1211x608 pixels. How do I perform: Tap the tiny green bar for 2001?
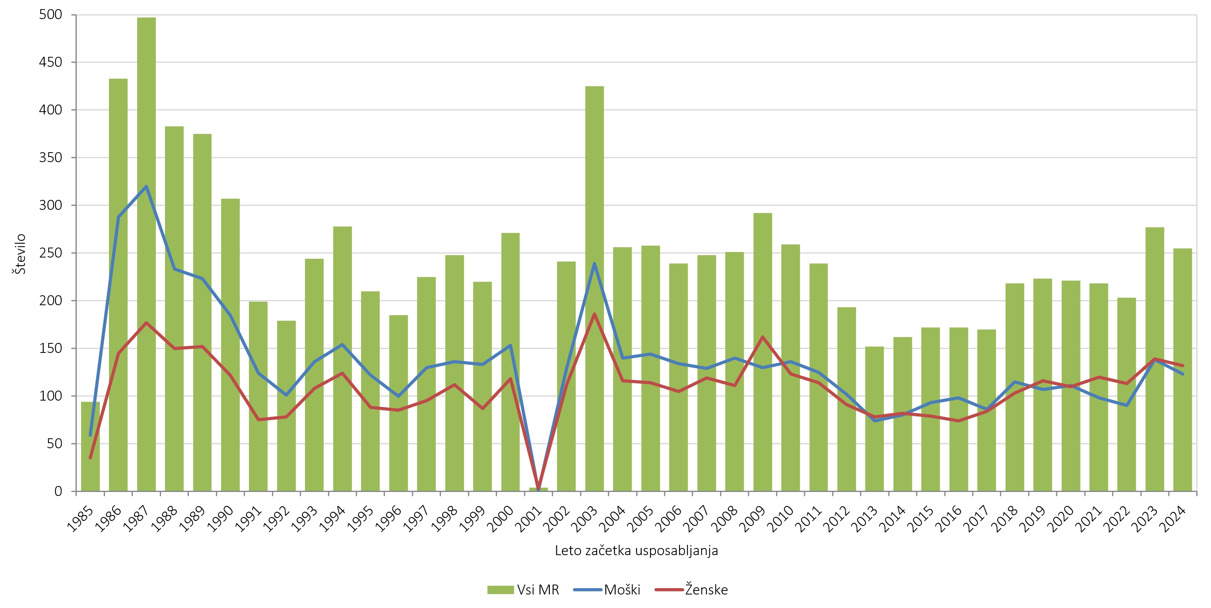point(538,489)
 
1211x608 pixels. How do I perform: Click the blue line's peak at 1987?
point(146,186)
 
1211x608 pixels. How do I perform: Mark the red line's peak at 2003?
point(594,314)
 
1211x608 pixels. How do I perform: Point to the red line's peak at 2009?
point(762,337)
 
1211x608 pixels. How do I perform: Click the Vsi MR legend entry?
point(523,590)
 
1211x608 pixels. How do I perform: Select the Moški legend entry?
point(607,590)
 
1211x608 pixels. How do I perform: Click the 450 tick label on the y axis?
point(50,62)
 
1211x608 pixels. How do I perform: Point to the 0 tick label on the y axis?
point(58,491)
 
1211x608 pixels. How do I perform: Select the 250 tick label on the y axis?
point(50,253)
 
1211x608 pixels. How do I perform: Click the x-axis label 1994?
point(332,519)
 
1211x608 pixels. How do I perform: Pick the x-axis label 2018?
point(1005,519)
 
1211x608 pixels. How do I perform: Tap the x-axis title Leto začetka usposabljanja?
point(636,550)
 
